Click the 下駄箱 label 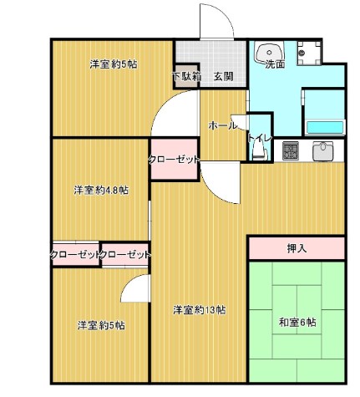tap(185, 77)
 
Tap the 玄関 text tap(222, 77)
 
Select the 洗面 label tap(275, 64)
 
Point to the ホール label tap(222, 125)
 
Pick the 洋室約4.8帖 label tap(101, 191)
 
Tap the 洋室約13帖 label tap(200, 310)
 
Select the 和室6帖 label tap(297, 323)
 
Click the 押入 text tap(297, 248)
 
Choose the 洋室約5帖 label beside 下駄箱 tap(113, 64)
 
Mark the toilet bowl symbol tap(257, 151)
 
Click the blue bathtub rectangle tap(324, 128)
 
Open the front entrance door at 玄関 tap(213, 22)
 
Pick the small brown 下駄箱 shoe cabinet tap(186, 76)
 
